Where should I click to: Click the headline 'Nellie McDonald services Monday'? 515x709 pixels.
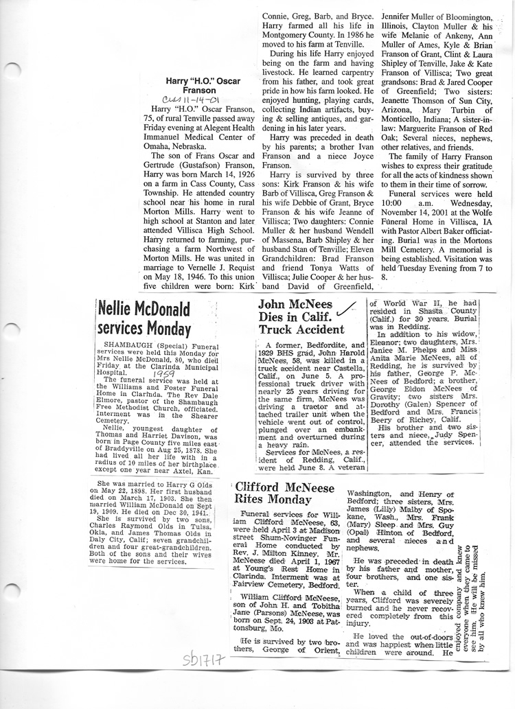144,316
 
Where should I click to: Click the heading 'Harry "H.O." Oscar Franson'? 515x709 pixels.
203,85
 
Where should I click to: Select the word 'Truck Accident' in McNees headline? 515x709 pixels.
292,329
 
